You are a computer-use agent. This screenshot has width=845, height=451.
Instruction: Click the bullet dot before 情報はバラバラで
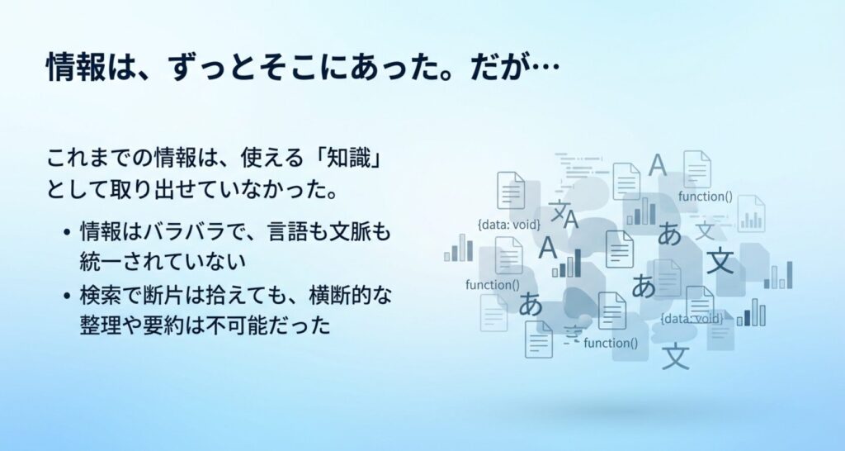coord(67,233)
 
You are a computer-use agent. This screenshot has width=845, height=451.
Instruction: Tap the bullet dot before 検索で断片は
coord(67,296)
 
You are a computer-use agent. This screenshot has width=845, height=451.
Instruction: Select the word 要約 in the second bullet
coord(164,325)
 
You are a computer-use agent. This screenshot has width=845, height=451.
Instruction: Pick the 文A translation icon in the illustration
coord(564,214)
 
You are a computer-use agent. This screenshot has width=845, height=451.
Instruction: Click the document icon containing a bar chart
coord(751,214)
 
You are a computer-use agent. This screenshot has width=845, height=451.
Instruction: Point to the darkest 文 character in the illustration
coord(720,260)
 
